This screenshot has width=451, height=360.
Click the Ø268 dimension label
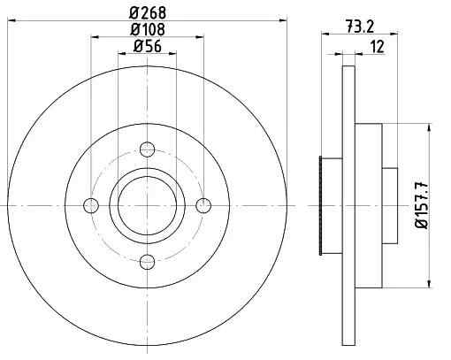point(148,12)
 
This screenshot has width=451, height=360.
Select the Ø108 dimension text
point(148,29)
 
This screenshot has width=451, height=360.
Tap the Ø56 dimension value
point(148,46)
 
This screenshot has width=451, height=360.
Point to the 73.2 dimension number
point(360,27)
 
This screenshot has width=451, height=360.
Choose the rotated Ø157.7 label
point(422,205)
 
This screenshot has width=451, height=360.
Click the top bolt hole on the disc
point(147,149)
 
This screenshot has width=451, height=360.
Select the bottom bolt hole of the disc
point(147,262)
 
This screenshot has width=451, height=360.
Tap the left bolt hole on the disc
point(91,205)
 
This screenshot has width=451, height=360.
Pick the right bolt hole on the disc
point(203,205)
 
